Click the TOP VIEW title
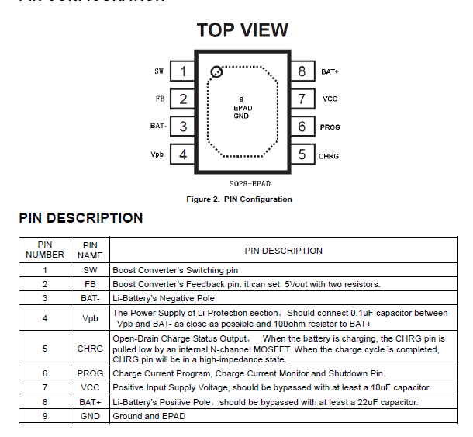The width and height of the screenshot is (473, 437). [242, 30]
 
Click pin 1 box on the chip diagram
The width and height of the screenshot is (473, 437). [183, 71]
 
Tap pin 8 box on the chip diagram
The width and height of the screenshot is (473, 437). [302, 71]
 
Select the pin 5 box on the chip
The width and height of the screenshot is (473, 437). [302, 154]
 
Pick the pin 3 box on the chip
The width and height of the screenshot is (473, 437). [183, 127]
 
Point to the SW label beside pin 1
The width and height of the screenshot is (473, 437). [159, 71]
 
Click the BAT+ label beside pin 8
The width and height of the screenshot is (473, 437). [330, 71]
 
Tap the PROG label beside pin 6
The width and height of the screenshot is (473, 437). [330, 127]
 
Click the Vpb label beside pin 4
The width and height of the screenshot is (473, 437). [157, 154]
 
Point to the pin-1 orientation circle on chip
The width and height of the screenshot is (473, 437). [216, 73]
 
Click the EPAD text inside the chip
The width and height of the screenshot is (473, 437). [242, 108]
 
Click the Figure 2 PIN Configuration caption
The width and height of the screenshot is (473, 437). [239, 199]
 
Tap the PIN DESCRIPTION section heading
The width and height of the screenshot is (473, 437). [81, 218]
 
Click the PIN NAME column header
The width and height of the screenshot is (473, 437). [90, 249]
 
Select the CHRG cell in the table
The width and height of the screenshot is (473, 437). [90, 349]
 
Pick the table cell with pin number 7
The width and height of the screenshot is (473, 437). [45, 387]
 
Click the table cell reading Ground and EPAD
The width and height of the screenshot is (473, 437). [149, 416]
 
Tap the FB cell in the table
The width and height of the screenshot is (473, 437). [90, 284]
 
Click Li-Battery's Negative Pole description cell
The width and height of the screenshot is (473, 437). [164, 298]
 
